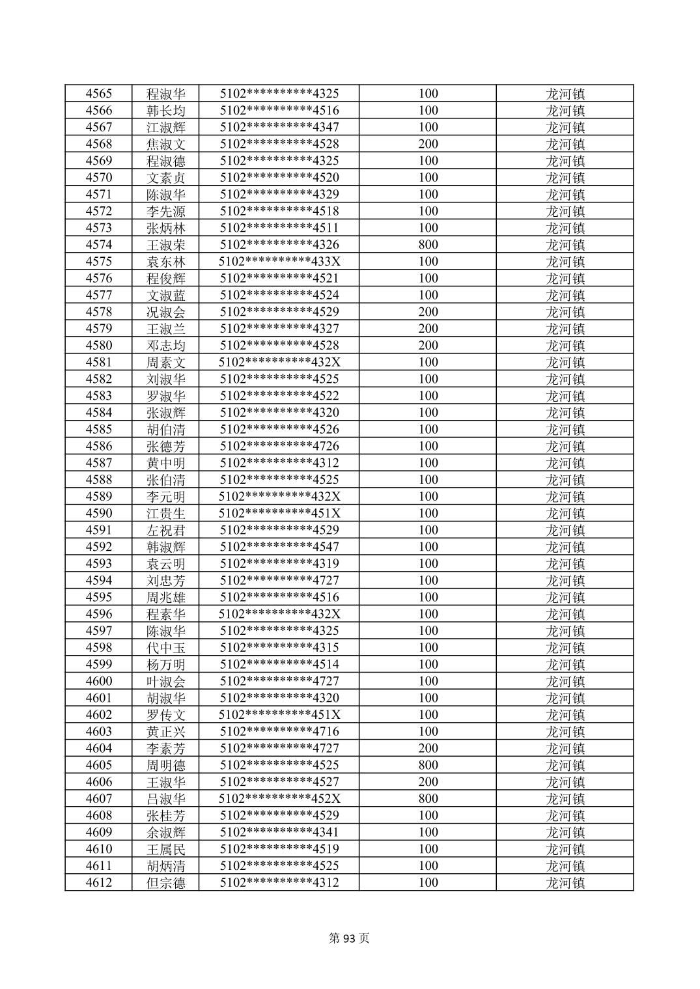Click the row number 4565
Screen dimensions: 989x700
[98, 94]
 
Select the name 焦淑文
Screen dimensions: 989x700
[166, 144]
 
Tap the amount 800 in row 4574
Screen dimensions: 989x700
[428, 245]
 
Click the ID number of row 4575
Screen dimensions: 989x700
[279, 262]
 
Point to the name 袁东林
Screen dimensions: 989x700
[166, 262]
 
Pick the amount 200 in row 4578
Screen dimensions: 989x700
[428, 312]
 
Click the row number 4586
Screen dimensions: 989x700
[98, 447]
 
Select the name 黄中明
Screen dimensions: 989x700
[166, 463]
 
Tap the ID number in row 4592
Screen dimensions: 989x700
[279, 547]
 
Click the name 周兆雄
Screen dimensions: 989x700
[166, 598]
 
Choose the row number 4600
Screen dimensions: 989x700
[98, 682]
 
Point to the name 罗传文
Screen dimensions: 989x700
[166, 715]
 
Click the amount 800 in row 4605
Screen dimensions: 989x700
[428, 765]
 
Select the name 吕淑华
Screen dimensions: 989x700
[166, 799]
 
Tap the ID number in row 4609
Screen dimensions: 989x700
[279, 833]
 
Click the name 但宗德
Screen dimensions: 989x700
[166, 883]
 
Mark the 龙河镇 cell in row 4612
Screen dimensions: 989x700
[565, 883]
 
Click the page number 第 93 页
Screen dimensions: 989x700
[350, 938]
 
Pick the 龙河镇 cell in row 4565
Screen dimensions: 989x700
[565, 94]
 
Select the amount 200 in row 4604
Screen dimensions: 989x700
[428, 749]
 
